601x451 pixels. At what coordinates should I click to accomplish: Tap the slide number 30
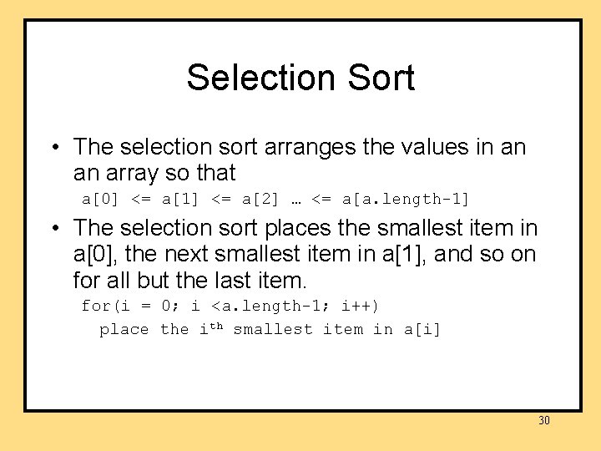coord(544,420)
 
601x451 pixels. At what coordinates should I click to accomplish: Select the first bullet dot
coord(53,148)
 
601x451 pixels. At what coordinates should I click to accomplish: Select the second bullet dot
coord(53,228)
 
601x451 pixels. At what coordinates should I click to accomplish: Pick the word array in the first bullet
coord(134,174)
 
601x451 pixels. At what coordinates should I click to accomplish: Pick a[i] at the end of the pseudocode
coord(422,329)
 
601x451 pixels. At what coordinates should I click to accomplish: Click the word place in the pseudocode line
coord(124,330)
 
